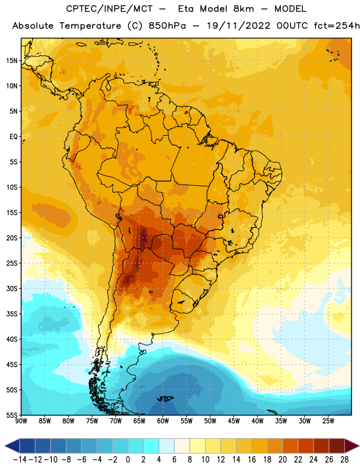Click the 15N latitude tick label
(x=12, y=61)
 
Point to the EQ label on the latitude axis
(x=13, y=137)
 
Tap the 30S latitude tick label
(x=12, y=288)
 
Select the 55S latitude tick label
(x=12, y=415)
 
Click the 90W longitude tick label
(x=21, y=421)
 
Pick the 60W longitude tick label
(x=163, y=421)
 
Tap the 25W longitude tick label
(x=328, y=421)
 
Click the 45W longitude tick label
(x=234, y=421)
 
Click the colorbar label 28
(x=344, y=460)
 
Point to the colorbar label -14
(x=20, y=460)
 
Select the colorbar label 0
(x=128, y=460)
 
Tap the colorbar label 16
(x=252, y=460)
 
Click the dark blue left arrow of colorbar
(x=12, y=446)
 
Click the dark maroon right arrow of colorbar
(x=352, y=446)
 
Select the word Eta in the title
(x=186, y=9)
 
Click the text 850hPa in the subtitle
(x=167, y=26)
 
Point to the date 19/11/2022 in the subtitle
(x=238, y=26)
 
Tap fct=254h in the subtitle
(x=337, y=26)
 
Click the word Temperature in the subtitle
(x=90, y=26)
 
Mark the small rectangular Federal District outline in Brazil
(x=221, y=216)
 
